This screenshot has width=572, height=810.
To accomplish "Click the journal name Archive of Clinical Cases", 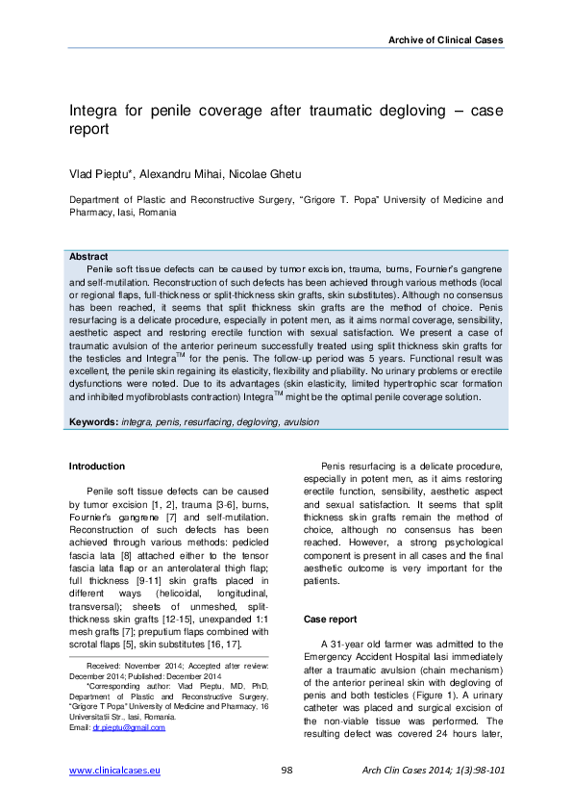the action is (445, 39).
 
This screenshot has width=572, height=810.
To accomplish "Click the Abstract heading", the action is (88, 258).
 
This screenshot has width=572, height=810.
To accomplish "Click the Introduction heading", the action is (97, 467).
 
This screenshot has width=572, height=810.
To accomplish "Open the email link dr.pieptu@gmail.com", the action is (129, 728).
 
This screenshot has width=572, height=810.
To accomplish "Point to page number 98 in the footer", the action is (286, 771).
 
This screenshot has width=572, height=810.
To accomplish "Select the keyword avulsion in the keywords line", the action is (300, 422).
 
